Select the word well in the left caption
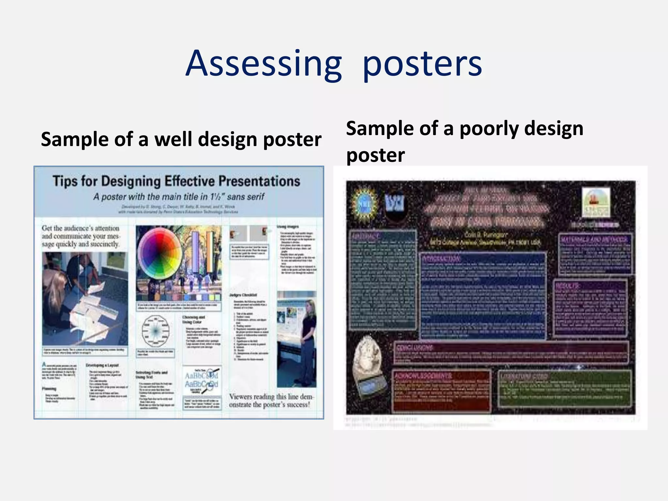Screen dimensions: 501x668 (x=174, y=139)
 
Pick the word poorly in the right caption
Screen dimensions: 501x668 (x=489, y=129)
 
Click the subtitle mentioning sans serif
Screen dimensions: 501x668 (x=179, y=197)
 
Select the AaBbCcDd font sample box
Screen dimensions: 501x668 (x=201, y=380)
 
